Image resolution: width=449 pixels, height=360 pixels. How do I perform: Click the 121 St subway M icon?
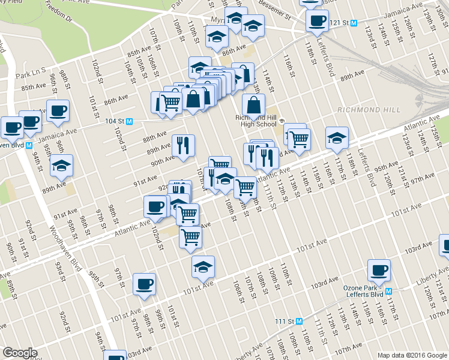click(354, 23)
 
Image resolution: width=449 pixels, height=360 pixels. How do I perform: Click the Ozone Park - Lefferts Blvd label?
click(364, 292)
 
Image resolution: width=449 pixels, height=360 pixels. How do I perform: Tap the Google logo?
click(20, 353)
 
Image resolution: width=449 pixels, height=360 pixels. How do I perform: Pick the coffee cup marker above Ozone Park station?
click(379, 271)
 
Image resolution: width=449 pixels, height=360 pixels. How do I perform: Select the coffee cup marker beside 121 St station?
click(317, 21)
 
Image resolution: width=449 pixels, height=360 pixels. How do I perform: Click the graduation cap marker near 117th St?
click(337, 138)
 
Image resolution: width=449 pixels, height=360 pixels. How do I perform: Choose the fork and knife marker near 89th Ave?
click(183, 145)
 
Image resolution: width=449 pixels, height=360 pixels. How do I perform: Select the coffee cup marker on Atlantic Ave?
click(155, 207)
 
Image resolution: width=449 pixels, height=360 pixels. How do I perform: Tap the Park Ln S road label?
click(31, 75)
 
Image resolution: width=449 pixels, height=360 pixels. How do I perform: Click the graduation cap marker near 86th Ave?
click(217, 37)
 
